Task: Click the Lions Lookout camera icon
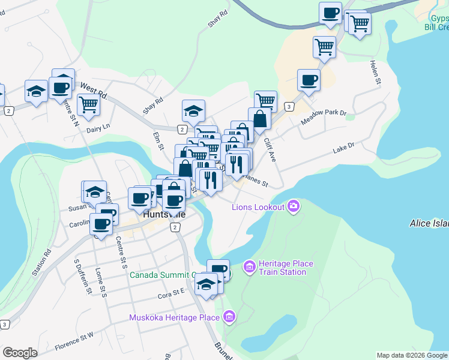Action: coord(294,206)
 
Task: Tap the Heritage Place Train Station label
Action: coord(282,268)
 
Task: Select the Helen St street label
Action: coord(376,72)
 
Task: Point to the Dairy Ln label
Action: coord(98,127)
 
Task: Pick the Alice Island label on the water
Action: coord(429,223)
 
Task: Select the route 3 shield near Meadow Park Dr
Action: coord(289,107)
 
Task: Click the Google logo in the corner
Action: coord(20,353)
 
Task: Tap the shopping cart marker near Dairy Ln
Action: coord(88,104)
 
